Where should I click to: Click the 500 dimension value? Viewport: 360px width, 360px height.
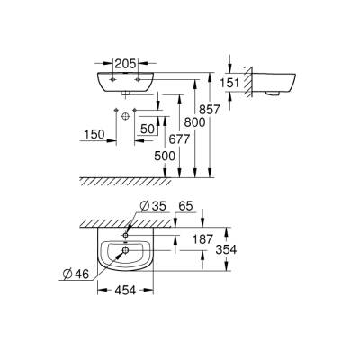pos(166,155)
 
